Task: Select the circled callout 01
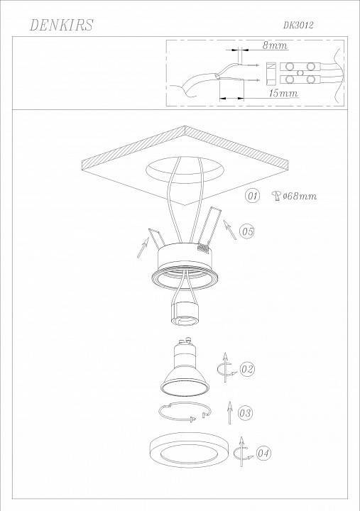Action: point(251,194)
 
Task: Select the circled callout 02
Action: point(247,369)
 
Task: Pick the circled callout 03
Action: point(246,412)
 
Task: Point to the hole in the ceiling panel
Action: point(183,170)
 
